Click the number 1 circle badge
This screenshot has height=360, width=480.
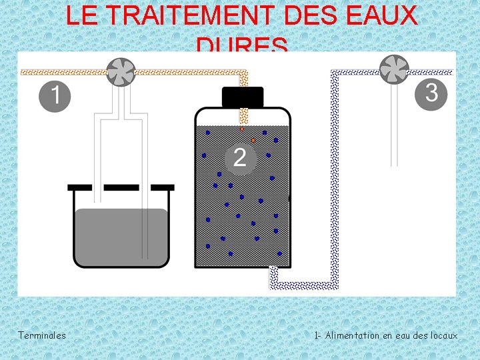pyautogui.click(x=55, y=96)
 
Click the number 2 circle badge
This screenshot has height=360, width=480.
pyautogui.click(x=240, y=158)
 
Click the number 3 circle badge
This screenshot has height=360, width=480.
pyautogui.click(x=431, y=93)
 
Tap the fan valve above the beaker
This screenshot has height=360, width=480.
pyautogui.click(x=121, y=72)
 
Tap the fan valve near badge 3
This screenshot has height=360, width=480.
pyautogui.click(x=394, y=69)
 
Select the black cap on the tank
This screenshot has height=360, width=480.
pyautogui.click(x=242, y=97)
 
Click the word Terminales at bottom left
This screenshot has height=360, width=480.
pyautogui.click(x=42, y=335)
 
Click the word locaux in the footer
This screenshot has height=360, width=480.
pyautogui.click(x=444, y=335)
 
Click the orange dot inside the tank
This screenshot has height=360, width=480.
pyautogui.click(x=253, y=140)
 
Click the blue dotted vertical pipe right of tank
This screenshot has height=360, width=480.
pyautogui.click(x=335, y=180)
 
